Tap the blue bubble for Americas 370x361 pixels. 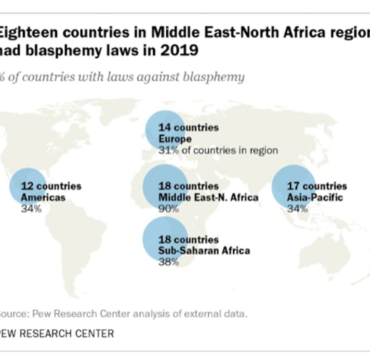[28, 186]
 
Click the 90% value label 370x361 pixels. [169, 209]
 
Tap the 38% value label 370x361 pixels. [169, 262]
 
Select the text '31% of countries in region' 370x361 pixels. [218, 151]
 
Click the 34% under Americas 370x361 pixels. [31, 209]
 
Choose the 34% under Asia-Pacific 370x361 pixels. [297, 209]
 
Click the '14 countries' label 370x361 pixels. [188, 128]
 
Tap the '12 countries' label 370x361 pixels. [51, 186]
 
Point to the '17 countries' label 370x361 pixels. [317, 186]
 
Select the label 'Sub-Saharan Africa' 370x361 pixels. [204, 251]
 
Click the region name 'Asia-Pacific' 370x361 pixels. [315, 197]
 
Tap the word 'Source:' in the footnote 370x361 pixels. [10, 314]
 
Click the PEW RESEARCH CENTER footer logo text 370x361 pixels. [57, 333]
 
